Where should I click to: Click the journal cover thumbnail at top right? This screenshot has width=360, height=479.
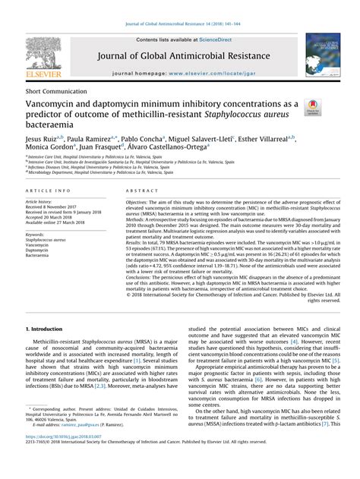pos(324,57)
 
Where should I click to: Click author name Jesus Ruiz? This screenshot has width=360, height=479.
pos(43,140)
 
